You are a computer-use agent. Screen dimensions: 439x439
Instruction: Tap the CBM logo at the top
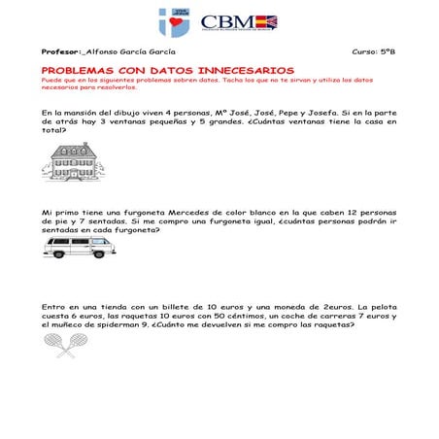(x=238, y=22)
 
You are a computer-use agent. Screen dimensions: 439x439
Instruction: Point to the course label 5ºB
(x=386, y=50)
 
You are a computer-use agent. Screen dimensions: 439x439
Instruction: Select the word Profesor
(x=60, y=50)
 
